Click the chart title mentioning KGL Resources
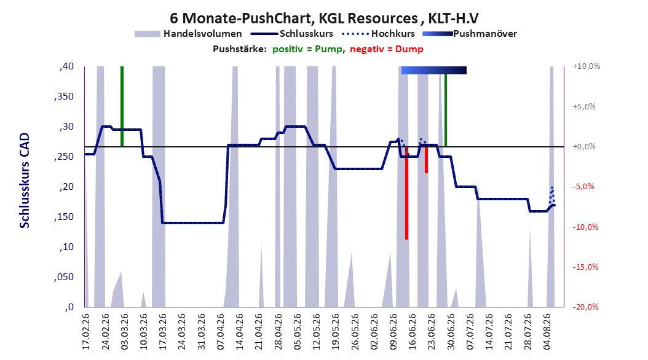coord(324,18)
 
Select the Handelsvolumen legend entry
coord(188,34)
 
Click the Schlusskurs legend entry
coord(292,34)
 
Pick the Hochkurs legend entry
coord(378,34)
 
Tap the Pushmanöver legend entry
coord(470,34)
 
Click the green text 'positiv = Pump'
coord(307,49)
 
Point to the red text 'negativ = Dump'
coord(387,49)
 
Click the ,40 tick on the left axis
coord(66,66)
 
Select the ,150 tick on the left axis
coord(64,217)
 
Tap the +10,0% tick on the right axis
coord(587,66)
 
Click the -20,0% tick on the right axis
coord(585,307)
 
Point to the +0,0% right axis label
coord(584,147)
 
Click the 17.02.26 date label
coord(86,331)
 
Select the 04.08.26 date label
coord(547,331)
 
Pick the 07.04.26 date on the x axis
coord(220,331)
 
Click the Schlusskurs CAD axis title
coord(25,181)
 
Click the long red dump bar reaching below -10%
coord(406,193)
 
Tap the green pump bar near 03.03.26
coord(122,106)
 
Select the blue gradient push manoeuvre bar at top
coord(434,70)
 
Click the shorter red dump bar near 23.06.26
coord(426,160)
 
